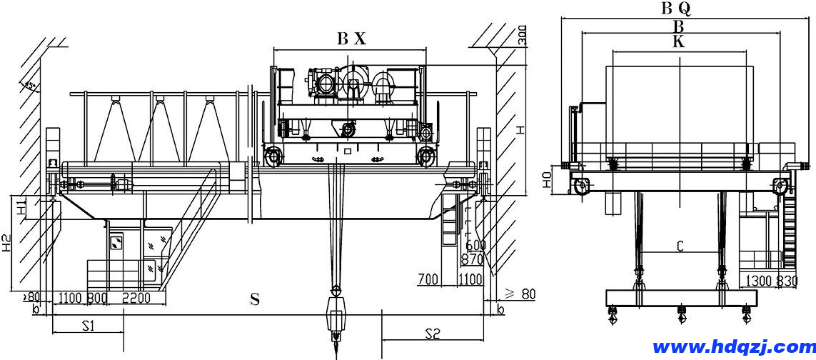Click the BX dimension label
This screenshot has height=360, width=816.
coord(351,39)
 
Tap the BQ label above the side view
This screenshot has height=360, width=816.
coord(675,9)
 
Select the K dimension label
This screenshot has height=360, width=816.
coord(678,42)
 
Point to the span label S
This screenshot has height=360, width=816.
coord(254,300)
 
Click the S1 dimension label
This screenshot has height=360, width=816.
coord(88,326)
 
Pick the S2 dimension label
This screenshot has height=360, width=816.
coord(432,333)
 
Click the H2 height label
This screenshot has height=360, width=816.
coord(6,244)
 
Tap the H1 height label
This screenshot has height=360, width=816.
coord(21,208)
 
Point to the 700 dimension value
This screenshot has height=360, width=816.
coord(428,279)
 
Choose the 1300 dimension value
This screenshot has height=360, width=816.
coord(760,281)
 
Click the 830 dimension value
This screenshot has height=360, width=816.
coord(787,281)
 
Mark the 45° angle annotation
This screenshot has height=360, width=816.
coord(30,86)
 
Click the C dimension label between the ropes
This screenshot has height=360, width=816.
coord(680,246)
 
